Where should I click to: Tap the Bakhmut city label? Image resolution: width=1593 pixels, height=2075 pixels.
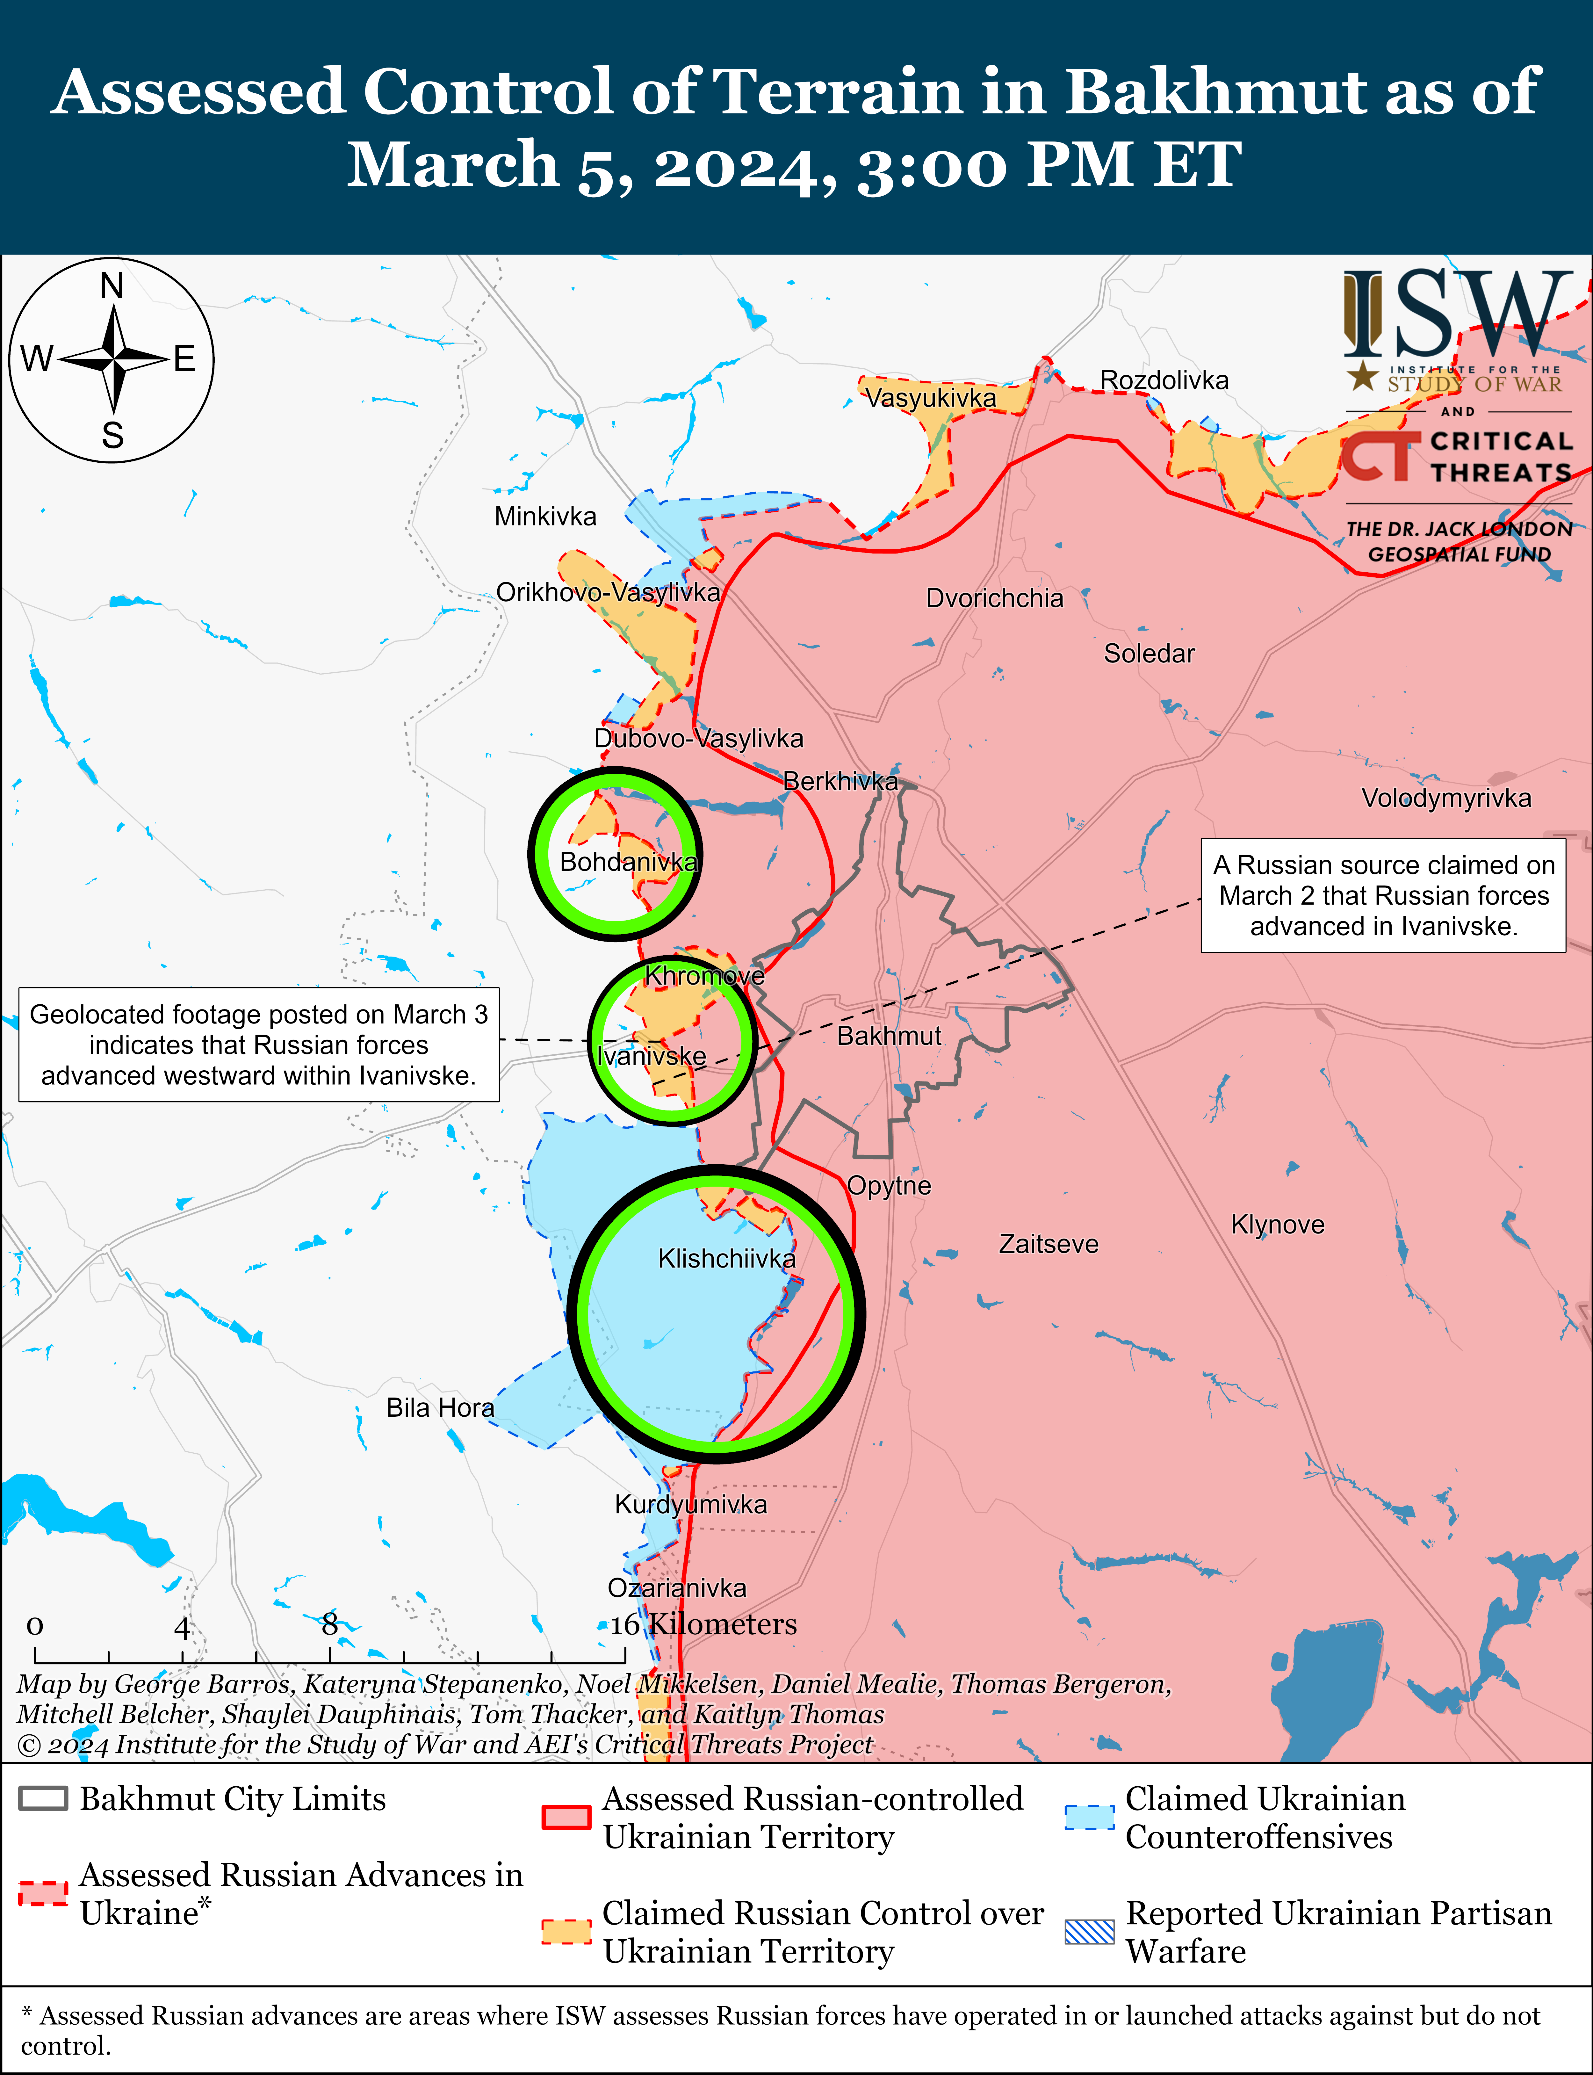point(889,1036)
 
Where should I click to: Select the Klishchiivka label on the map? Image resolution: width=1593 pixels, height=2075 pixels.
point(726,1258)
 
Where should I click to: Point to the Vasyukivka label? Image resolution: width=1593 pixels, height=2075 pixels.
point(930,398)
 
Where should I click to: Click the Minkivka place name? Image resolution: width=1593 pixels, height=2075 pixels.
point(545,517)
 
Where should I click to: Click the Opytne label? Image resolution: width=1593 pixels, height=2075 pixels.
point(889,1185)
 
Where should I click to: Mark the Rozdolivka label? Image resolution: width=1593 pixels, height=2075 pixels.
point(1164,380)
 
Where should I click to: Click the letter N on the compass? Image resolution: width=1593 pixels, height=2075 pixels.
point(112,286)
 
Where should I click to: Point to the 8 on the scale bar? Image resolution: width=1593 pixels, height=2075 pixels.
point(329,1624)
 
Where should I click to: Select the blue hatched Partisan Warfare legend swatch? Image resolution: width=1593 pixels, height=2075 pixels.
point(1090,1932)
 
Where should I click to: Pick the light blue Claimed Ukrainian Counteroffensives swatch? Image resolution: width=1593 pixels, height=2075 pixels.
point(1090,1816)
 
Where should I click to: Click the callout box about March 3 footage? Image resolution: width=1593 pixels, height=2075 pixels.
point(259,1044)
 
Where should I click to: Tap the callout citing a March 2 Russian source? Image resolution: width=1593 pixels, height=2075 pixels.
point(1383,895)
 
